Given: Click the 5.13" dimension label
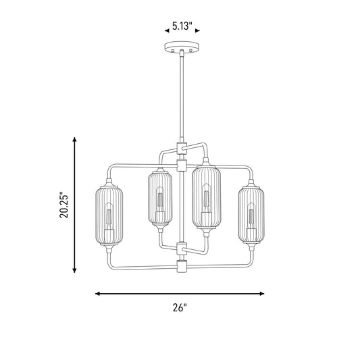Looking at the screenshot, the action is pos(182,26).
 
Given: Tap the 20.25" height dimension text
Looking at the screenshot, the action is pos(64,205).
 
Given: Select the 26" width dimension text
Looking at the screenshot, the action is pos(180,307).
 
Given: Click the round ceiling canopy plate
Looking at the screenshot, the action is pos(182,47).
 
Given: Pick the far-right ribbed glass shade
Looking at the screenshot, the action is pos(251,215).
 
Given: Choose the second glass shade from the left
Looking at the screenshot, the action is pos(160,198).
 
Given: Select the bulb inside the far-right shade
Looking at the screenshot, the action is pos(251,220).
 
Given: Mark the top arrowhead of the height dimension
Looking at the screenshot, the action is pos(74,139).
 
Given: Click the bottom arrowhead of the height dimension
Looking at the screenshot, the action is pos(74,270).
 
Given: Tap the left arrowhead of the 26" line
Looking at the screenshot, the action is pos(98,293).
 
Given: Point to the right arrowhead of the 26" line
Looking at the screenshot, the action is pos(262,293).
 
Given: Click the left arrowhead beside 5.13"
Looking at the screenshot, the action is pos(167,31).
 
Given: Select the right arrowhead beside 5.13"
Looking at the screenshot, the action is pos(197,31).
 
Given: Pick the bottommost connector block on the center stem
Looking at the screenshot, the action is pos(182,267).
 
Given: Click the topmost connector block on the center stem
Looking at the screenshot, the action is pos(182,148).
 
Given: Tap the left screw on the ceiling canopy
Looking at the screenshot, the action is pos(173,50).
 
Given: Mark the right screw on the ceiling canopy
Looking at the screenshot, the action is pos(190,50).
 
